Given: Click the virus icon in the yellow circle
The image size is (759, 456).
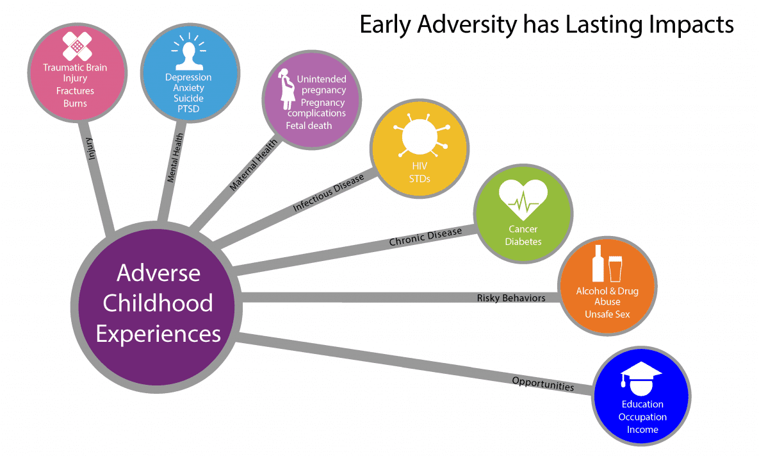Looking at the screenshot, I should [420, 137].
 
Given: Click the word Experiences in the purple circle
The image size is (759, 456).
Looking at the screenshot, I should [158, 334].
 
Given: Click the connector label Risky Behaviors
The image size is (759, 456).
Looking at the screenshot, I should [511, 298].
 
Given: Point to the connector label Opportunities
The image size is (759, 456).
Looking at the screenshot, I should [543, 384].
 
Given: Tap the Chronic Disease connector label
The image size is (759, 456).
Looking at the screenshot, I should [425, 237].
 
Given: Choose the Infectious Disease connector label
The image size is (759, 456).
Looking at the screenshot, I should [328, 193].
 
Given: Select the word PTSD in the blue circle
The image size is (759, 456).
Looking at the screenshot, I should [188, 108].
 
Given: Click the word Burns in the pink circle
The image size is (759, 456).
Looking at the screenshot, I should [75, 103].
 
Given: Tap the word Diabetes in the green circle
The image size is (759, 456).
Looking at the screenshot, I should [523, 241].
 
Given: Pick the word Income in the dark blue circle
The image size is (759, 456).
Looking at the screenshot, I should [642, 429].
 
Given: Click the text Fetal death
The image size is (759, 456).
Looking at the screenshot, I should [309, 125].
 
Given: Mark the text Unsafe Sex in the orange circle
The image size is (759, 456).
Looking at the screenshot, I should [607, 314].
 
